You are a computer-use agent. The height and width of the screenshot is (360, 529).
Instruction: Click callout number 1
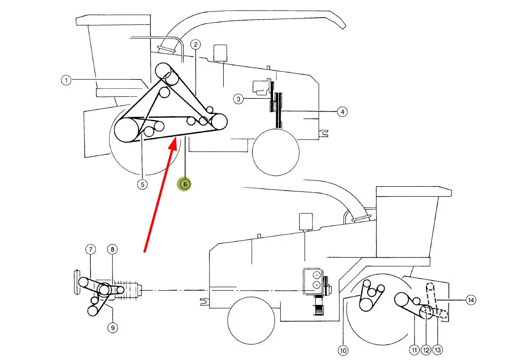tap(66, 80)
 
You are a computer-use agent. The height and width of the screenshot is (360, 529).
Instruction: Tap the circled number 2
tap(195, 44)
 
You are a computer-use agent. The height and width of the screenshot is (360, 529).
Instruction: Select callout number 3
tap(238, 99)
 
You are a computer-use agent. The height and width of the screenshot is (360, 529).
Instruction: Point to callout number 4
tap(342, 111)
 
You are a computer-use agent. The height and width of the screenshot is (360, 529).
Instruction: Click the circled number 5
tap(142, 184)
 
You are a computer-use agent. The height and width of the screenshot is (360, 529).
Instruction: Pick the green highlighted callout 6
tap(185, 184)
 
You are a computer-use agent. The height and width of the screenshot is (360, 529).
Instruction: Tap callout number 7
tap(90, 250)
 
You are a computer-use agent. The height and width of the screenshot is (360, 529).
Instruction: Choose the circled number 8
tap(113, 250)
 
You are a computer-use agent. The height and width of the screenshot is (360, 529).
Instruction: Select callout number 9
tap(113, 327)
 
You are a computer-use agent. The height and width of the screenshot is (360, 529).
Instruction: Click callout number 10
tap(343, 351)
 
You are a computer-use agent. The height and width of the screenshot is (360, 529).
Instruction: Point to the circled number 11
tap(414, 350)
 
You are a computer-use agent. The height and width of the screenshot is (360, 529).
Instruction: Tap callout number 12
tap(426, 350)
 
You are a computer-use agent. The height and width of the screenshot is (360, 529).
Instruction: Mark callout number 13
tap(437, 350)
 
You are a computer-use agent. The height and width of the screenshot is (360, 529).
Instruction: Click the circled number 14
tap(471, 300)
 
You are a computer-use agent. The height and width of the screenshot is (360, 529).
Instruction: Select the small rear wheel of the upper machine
tap(275, 152)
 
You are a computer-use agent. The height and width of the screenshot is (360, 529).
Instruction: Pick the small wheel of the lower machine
tap(251, 320)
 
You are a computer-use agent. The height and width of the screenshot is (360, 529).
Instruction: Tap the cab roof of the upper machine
tap(113, 20)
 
